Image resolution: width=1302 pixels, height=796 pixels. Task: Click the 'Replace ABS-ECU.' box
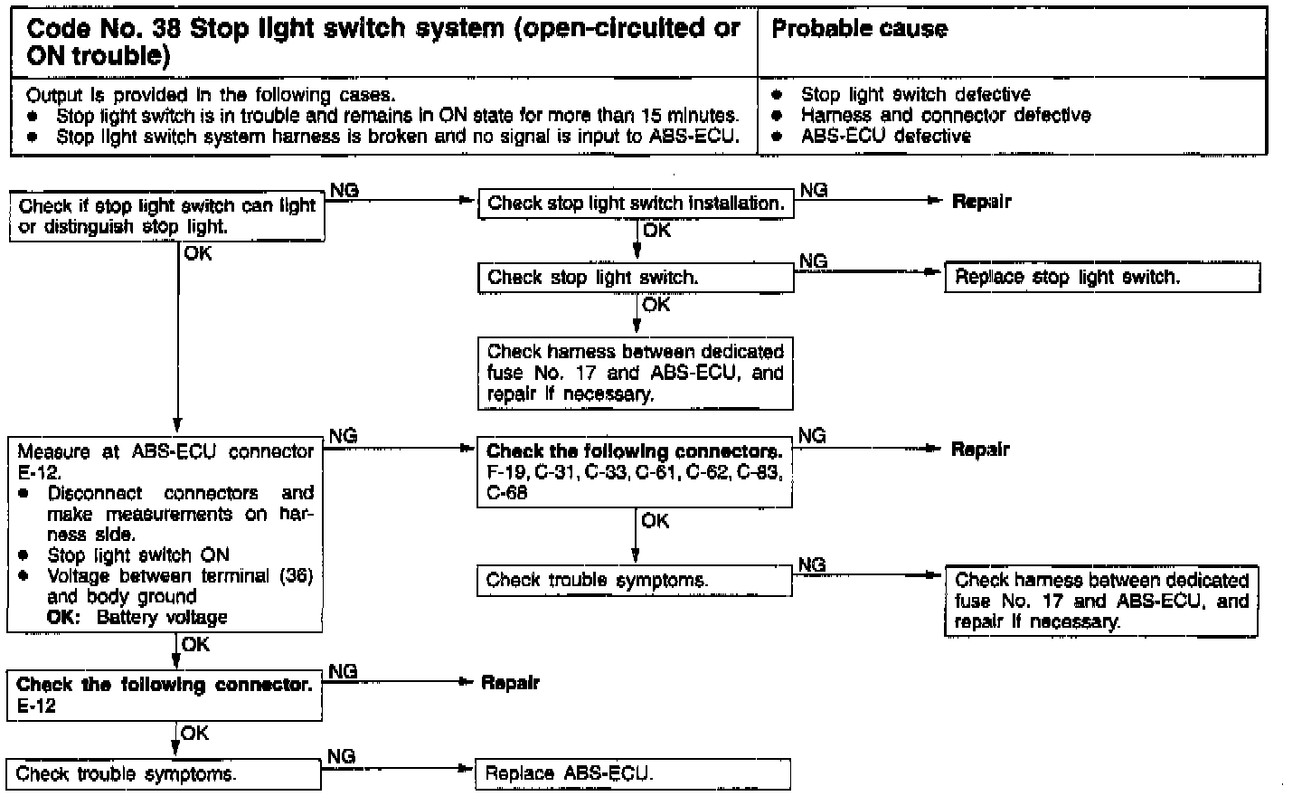pos(632,773)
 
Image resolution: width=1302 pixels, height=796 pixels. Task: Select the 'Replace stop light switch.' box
pos(1102,278)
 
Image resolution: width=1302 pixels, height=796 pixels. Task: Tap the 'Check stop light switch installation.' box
pos(636,204)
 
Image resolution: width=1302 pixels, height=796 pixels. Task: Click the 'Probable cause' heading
pos(859,29)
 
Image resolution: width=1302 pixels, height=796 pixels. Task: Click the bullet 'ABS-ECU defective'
pos(885,136)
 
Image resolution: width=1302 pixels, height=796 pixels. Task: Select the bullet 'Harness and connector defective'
pos(945,115)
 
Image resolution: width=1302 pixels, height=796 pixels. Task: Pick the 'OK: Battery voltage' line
pos(137,618)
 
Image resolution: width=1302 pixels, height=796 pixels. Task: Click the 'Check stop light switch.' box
pos(636,278)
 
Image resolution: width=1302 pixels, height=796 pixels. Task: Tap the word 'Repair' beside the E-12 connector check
pos(510,683)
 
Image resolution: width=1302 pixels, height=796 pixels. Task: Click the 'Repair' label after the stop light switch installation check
pos(981,202)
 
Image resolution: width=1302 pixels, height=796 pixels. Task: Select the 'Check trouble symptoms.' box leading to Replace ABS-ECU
pos(164,774)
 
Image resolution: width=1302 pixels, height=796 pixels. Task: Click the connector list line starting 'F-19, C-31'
pos(634,473)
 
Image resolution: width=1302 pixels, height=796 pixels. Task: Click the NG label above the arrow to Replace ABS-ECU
pos(341,756)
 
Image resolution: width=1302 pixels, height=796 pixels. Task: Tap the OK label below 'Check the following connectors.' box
pos(655,521)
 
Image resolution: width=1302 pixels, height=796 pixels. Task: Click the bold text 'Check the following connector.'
pos(164,685)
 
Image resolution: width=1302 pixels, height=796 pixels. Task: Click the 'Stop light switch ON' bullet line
pos(137,555)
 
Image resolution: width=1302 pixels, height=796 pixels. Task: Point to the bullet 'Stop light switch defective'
pos(915,94)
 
